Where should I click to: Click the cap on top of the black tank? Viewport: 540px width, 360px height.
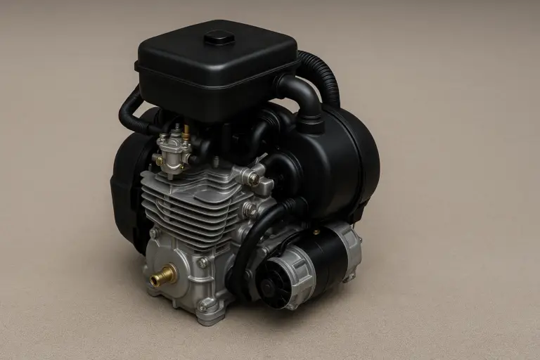point(218,37)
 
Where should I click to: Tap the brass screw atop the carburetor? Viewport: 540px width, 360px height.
point(186,131)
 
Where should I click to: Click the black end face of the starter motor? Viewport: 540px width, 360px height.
point(270,285)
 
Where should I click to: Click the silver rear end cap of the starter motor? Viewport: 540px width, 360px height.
point(349,247)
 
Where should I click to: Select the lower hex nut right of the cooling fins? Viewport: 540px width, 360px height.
point(249,210)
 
